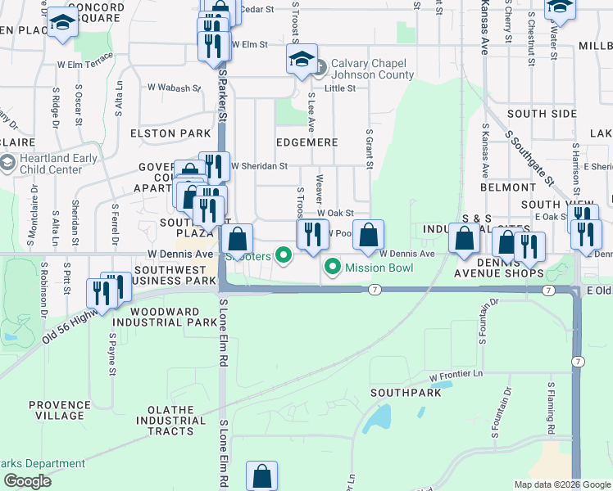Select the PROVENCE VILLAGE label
tap(59, 411)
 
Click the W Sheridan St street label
tap(259, 165)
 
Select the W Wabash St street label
tap(174, 88)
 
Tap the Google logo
tap(27, 481)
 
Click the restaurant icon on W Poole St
tap(311, 236)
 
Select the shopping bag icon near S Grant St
tap(368, 234)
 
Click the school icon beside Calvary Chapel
tap(301, 60)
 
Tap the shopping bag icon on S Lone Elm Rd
tap(261, 476)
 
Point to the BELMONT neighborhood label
tap(509, 187)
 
